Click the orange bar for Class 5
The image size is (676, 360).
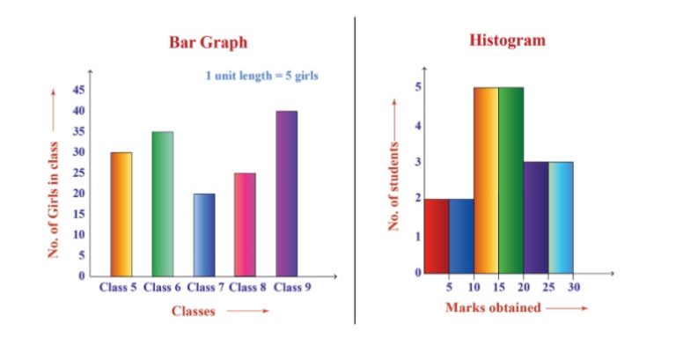tap(121, 214)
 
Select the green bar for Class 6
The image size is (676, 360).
tap(162, 203)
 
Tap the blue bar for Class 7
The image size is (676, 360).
tap(203, 234)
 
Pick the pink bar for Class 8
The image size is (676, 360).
tap(245, 224)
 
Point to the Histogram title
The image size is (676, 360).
tap(506, 40)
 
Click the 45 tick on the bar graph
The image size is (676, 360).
tap(79, 90)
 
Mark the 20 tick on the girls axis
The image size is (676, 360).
tap(79, 194)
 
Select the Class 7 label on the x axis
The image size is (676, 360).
tap(203, 287)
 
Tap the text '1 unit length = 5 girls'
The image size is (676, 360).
tap(261, 76)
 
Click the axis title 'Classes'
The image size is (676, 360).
tap(193, 311)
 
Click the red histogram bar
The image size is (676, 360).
tap(436, 236)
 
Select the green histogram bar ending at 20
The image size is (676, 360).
tap(511, 180)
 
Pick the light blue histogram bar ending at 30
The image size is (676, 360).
tap(561, 217)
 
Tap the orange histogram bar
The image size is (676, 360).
tap(486, 180)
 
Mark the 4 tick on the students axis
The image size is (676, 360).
tap(418, 124)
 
